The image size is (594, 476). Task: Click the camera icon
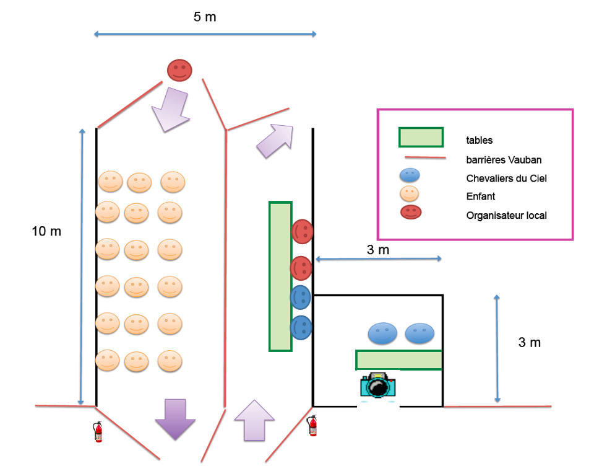377,385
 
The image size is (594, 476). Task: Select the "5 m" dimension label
205,17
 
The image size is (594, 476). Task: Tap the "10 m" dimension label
46,231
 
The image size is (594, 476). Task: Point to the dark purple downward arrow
174,419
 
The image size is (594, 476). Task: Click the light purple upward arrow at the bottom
254,420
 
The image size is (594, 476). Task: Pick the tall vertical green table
280,276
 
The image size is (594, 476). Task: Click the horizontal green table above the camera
398,359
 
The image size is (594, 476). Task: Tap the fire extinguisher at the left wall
98,431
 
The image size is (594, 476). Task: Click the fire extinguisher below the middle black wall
312,425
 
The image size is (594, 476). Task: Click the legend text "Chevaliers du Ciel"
506,178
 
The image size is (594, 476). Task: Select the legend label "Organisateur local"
506,216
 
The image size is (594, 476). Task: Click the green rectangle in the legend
421,137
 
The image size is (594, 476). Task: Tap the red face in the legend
411,211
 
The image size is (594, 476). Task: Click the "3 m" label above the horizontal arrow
378,250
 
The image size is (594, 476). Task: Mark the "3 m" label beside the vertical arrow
530,342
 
